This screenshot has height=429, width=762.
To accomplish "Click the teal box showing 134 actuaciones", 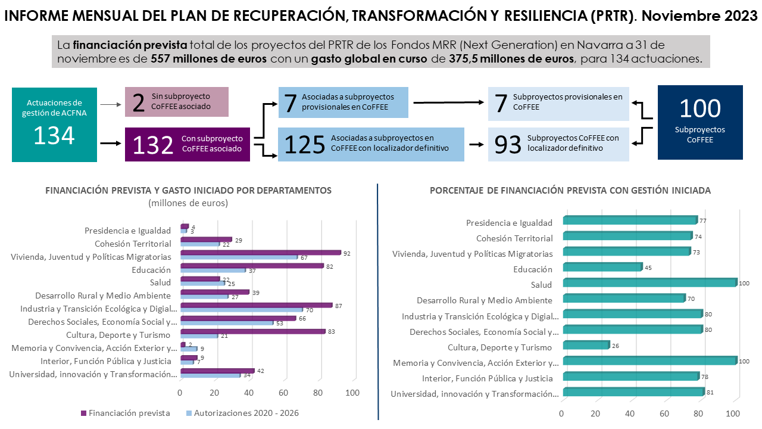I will click(54, 124).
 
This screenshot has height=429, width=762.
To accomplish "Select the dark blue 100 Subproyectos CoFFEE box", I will click(699, 122).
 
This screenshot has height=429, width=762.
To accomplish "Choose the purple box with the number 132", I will click(188, 144).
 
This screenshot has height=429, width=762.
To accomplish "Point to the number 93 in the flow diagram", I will click(507, 144).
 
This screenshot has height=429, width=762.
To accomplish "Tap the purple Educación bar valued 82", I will click(251, 266).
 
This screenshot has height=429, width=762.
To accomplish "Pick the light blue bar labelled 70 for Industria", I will click(241, 310).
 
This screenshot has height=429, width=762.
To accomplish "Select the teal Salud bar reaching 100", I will click(649, 283).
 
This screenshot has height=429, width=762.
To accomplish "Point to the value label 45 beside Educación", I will click(648, 268).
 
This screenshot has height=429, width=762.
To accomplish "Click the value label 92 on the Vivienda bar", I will click(346, 253).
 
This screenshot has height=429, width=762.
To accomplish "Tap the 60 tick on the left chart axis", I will click(283, 393).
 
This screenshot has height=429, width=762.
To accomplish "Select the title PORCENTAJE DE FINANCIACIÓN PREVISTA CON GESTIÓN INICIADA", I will click(570, 191).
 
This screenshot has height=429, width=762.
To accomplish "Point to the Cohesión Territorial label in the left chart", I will click(133, 244).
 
